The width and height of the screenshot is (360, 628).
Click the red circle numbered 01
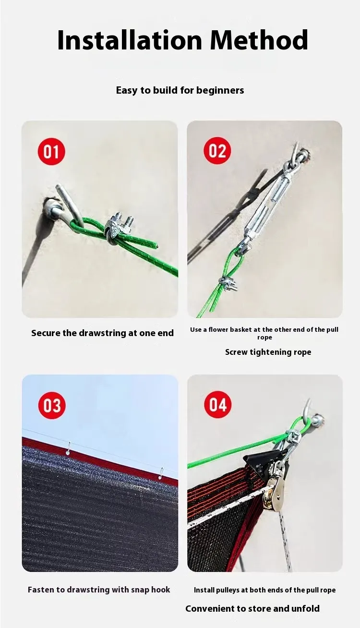pos(51,151)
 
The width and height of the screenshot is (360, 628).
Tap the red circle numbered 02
pos(217,151)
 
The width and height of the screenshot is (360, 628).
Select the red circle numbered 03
pos(52,405)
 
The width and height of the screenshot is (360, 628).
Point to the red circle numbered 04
pos(218,405)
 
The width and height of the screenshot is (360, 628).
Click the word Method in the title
pos(259,40)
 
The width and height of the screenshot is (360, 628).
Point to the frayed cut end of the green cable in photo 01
pos(157,246)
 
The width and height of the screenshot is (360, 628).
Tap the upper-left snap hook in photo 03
pos(68,448)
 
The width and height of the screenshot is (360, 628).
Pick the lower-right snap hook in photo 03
pos(161,474)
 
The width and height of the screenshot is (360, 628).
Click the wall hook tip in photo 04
pos(309,399)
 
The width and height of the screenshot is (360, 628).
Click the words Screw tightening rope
pos(268,352)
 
